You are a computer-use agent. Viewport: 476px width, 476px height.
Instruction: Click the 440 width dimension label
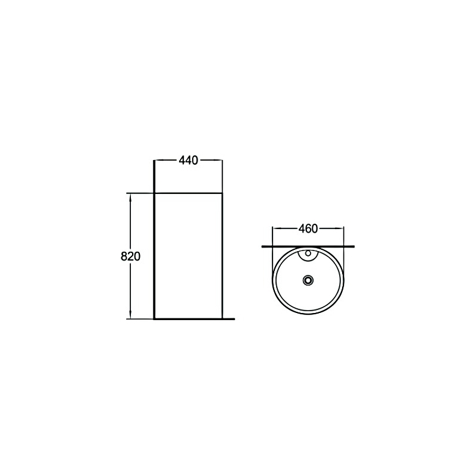(188, 160)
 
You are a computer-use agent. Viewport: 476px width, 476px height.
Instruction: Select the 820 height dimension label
(130, 256)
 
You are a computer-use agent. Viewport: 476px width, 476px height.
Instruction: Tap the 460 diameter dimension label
(308, 228)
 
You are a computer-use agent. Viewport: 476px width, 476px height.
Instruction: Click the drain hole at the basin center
(308, 280)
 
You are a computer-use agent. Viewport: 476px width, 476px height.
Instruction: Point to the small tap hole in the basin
(308, 252)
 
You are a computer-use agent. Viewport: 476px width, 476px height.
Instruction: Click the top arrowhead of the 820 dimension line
(130, 196)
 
